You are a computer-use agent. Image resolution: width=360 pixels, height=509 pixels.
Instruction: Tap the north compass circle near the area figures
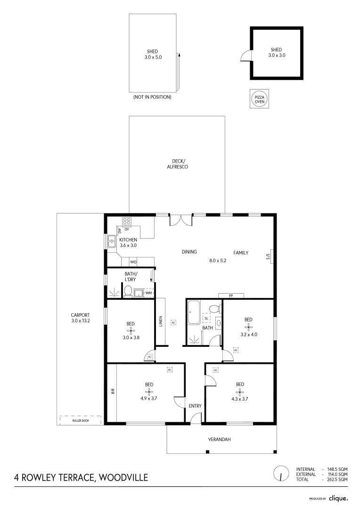(x=281, y=474)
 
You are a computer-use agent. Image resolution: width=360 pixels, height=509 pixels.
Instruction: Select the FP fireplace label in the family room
(x=231, y=296)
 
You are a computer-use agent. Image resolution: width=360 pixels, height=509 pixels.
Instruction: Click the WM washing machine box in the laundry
(x=148, y=293)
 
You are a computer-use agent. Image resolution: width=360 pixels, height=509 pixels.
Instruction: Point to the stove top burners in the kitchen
(x=127, y=220)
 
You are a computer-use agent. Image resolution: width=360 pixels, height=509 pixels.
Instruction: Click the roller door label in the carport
(x=80, y=420)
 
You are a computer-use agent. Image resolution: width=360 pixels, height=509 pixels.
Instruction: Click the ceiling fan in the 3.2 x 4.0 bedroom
(x=248, y=327)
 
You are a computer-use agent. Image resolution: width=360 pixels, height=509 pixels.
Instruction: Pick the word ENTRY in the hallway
(x=195, y=406)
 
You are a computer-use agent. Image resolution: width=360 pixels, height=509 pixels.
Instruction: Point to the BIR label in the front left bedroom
(x=113, y=391)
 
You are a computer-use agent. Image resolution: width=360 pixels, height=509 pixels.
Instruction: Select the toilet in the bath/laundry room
(x=127, y=293)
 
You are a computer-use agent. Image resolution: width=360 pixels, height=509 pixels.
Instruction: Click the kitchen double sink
(x=112, y=241)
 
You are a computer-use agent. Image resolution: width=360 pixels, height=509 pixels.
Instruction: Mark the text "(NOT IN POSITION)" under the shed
(x=152, y=97)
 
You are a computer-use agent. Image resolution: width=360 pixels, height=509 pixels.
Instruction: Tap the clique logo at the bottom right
(x=338, y=498)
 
